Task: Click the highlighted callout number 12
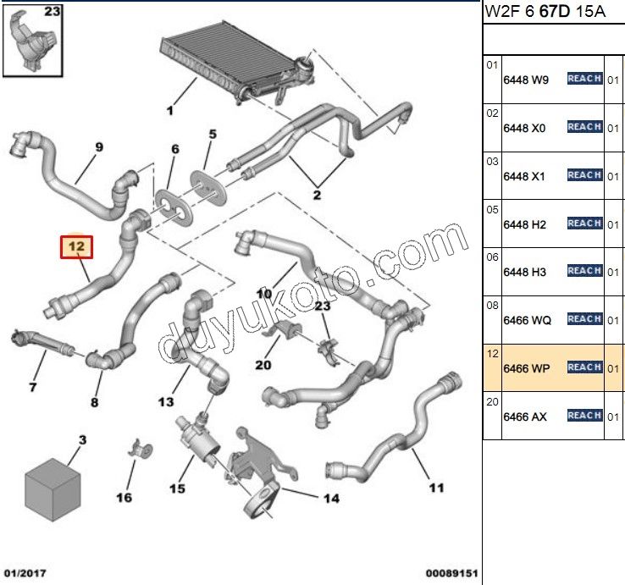76,247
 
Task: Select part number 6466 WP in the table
527,368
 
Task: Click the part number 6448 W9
526,80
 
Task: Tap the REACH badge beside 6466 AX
584,415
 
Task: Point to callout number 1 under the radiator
169,111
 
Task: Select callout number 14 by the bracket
331,498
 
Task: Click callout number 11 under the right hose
436,488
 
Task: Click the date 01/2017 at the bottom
25,572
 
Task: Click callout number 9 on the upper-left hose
99,146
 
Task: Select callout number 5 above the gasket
213,134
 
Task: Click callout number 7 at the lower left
33,388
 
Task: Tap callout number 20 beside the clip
263,365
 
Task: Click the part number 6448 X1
525,176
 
